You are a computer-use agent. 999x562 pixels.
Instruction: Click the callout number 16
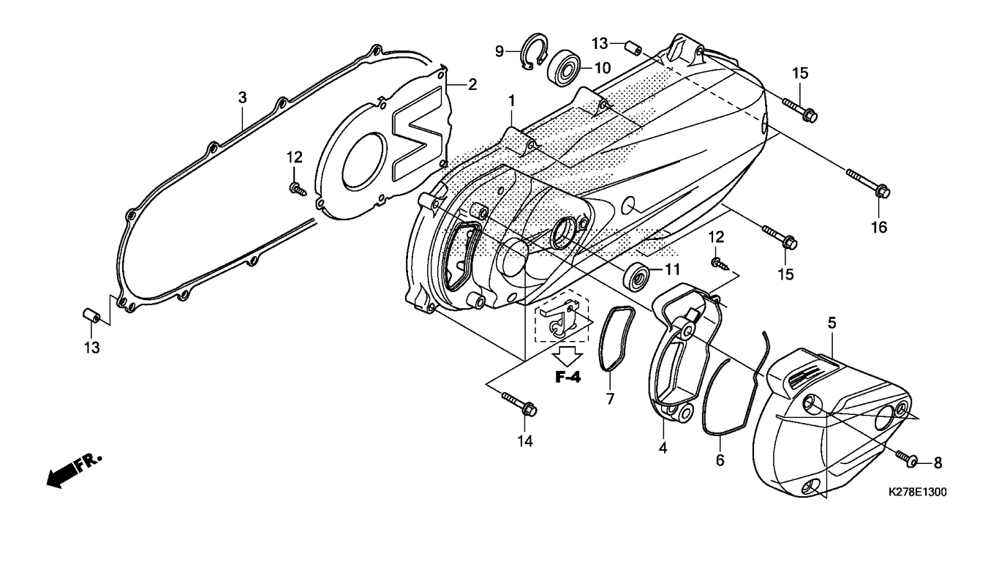pos(879,227)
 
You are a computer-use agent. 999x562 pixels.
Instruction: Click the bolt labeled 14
pos(519,403)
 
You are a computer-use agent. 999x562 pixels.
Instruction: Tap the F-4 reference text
pos(568,377)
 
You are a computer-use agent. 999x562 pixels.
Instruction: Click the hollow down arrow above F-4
pos(568,355)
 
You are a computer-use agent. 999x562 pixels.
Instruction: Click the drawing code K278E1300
pos(917,492)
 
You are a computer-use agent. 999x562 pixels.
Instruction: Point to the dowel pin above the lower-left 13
pos(91,315)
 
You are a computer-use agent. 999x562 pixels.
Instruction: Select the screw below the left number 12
pos(298,189)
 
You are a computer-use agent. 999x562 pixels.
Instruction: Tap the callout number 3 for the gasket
pos(242,98)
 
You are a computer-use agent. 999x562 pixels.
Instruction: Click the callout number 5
pos(832,322)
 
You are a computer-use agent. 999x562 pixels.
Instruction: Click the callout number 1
pos(511,101)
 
